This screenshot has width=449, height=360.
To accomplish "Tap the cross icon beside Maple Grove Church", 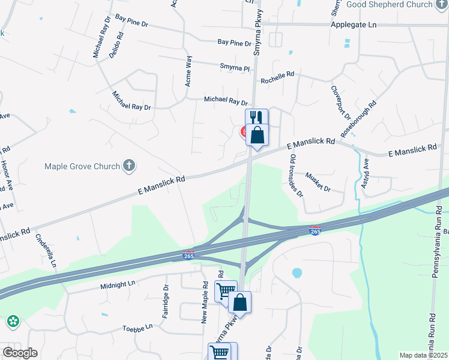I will (x=128, y=166).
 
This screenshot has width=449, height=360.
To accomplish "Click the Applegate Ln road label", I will (x=353, y=25).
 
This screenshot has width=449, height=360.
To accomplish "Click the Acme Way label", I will (x=189, y=71).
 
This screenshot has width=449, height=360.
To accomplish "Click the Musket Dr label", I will (x=318, y=182).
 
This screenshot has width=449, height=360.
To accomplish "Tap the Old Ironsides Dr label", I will (x=296, y=175).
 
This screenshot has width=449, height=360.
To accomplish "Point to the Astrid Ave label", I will (x=365, y=174).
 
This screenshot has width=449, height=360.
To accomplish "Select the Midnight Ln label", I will (x=118, y=283).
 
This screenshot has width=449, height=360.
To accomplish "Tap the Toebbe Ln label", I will (x=137, y=328).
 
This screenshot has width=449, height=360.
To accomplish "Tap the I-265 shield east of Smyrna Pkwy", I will (x=315, y=230).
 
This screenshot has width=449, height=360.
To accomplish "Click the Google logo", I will (x=19, y=353).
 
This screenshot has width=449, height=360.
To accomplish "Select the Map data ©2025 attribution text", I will (x=423, y=355).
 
